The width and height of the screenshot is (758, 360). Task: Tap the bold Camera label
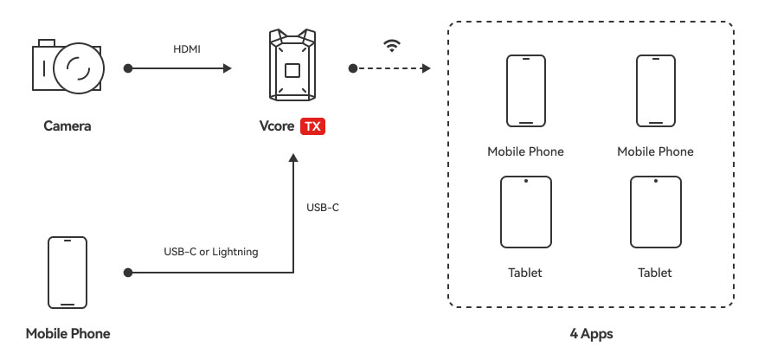pyautogui.click(x=67, y=126)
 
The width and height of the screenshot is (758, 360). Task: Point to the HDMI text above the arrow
pyautogui.click(x=186, y=49)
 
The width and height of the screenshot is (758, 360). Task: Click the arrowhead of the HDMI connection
pyautogui.click(x=228, y=67)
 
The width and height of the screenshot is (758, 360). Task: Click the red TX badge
pyautogui.click(x=312, y=126)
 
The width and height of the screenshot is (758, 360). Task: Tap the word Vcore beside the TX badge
pyautogui.click(x=277, y=126)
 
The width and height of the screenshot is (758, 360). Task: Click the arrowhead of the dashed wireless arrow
pyautogui.click(x=426, y=67)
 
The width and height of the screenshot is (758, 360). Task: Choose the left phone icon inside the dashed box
pyautogui.click(x=525, y=92)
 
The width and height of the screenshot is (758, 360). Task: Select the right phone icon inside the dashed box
pyautogui.click(x=655, y=92)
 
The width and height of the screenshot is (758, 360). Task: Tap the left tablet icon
pyautogui.click(x=525, y=213)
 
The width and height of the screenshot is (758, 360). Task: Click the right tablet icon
pyautogui.click(x=655, y=213)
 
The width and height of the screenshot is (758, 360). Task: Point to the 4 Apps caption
pyautogui.click(x=590, y=333)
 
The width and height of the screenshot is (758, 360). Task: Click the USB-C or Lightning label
pyautogui.click(x=211, y=252)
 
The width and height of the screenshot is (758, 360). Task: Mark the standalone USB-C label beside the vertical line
pyautogui.click(x=322, y=208)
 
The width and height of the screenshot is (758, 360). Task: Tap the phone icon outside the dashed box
pyautogui.click(x=67, y=273)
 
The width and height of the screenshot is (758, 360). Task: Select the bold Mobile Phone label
pyautogui.click(x=67, y=333)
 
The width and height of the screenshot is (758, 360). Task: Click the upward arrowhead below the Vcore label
pyautogui.click(x=293, y=159)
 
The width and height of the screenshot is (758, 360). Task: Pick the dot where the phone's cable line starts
pyautogui.click(x=128, y=273)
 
